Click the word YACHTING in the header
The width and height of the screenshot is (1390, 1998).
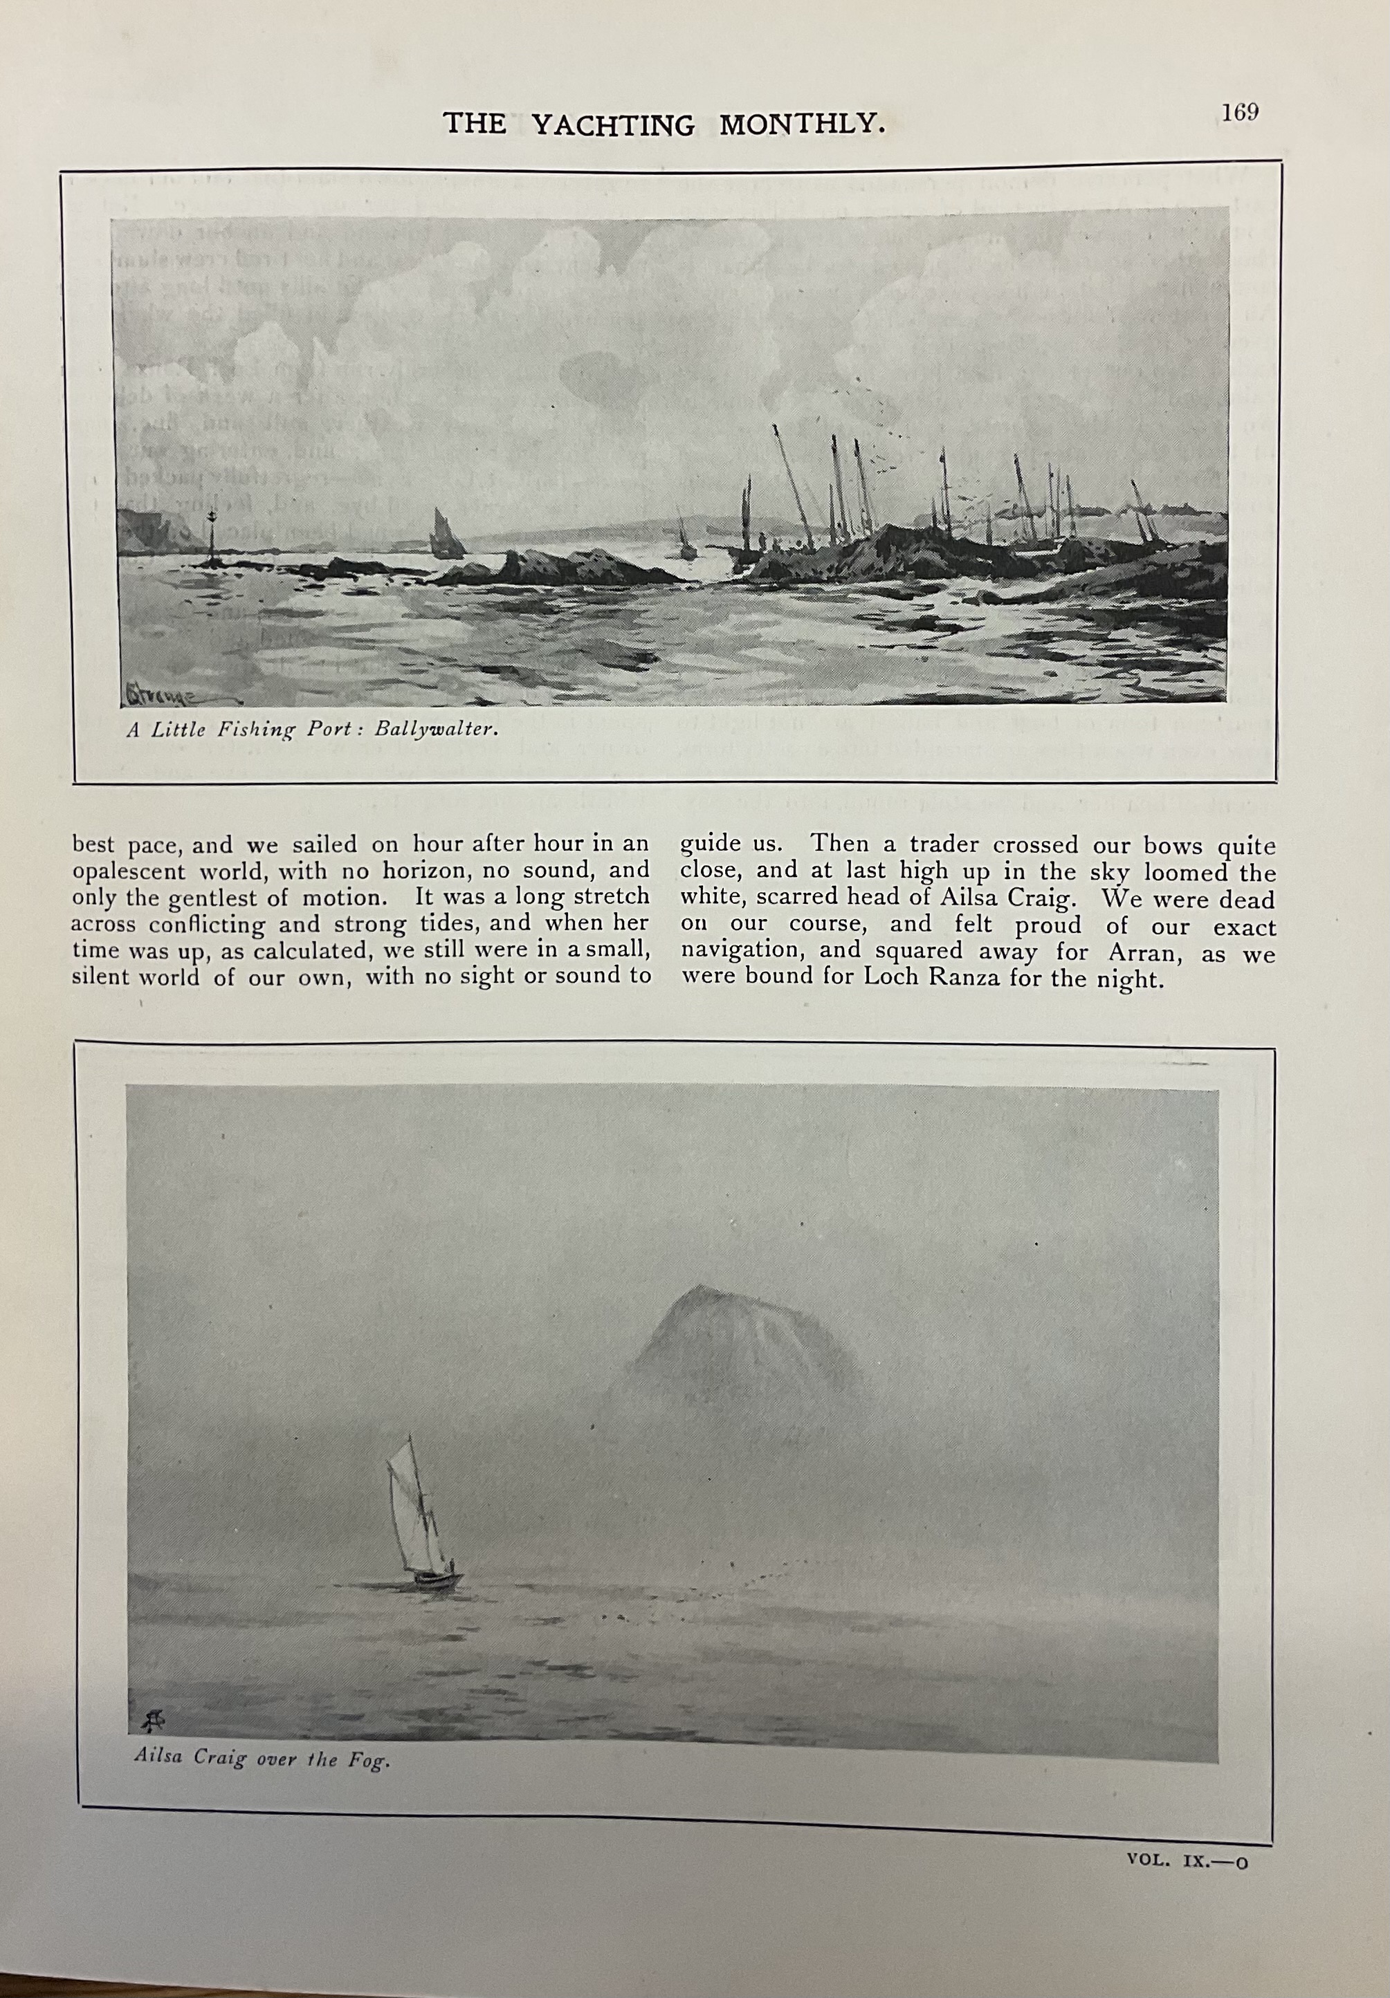tap(614, 125)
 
